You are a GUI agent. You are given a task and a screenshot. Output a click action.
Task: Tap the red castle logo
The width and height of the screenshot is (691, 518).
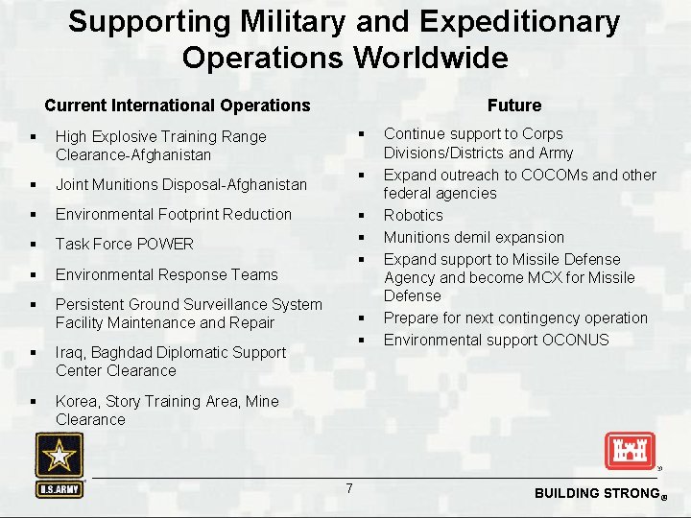[x=629, y=451]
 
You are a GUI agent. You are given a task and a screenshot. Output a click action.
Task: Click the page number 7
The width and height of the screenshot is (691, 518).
[x=348, y=489]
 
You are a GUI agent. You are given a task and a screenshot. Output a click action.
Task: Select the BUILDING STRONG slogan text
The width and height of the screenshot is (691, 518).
[x=592, y=493]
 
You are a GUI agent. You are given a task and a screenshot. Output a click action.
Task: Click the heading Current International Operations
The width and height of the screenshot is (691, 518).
[x=178, y=106]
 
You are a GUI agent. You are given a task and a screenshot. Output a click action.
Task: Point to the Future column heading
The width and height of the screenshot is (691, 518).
[x=513, y=106]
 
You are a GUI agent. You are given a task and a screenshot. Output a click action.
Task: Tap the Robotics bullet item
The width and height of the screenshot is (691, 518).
[x=414, y=216]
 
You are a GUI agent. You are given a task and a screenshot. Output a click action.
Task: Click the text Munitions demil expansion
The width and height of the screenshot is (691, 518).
[x=474, y=237]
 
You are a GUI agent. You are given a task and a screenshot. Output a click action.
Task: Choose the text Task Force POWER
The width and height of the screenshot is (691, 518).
[x=125, y=245]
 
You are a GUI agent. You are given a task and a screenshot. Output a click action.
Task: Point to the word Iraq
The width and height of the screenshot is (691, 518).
[x=70, y=352]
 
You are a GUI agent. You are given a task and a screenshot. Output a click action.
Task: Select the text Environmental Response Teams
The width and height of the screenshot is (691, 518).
[x=166, y=274]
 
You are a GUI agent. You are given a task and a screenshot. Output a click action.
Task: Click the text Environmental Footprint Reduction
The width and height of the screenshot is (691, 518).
[x=173, y=214]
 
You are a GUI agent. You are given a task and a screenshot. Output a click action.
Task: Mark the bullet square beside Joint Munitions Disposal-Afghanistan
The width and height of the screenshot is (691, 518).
[x=34, y=184]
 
